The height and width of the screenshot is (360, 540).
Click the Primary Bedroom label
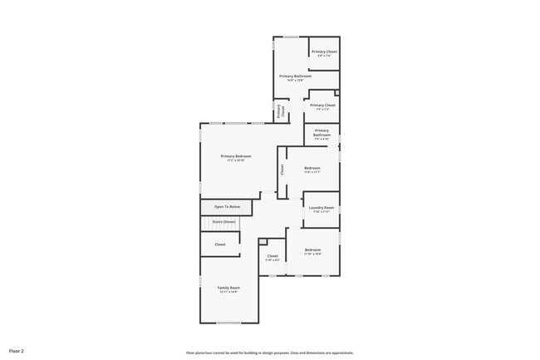coord(236,156)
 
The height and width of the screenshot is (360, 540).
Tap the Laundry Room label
coord(322,208)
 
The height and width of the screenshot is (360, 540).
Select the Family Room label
coord(228,288)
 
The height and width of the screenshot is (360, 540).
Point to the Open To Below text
coord(227,206)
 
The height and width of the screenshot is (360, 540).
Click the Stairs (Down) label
coord(224,222)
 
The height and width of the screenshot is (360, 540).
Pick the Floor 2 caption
coord(17,352)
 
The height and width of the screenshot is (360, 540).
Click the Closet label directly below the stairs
coord(220,244)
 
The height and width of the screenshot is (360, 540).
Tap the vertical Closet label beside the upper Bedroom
coord(282,169)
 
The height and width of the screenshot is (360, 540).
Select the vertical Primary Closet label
coord(281,111)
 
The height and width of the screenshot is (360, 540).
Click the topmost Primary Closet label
coord(324,52)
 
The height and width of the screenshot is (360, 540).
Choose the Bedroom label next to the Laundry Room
coord(312,169)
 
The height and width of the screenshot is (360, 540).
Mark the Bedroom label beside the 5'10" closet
coord(312,250)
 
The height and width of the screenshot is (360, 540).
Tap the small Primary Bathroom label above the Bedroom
coord(322,132)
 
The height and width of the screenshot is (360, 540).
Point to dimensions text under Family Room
coord(228,292)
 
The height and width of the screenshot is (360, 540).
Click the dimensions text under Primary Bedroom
coord(236,160)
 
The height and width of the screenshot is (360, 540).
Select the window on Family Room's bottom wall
coord(228,323)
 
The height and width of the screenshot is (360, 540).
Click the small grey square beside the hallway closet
coord(263,241)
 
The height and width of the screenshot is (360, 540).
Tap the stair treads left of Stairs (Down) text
coord(205,223)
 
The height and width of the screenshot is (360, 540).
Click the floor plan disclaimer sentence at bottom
coord(270,353)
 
